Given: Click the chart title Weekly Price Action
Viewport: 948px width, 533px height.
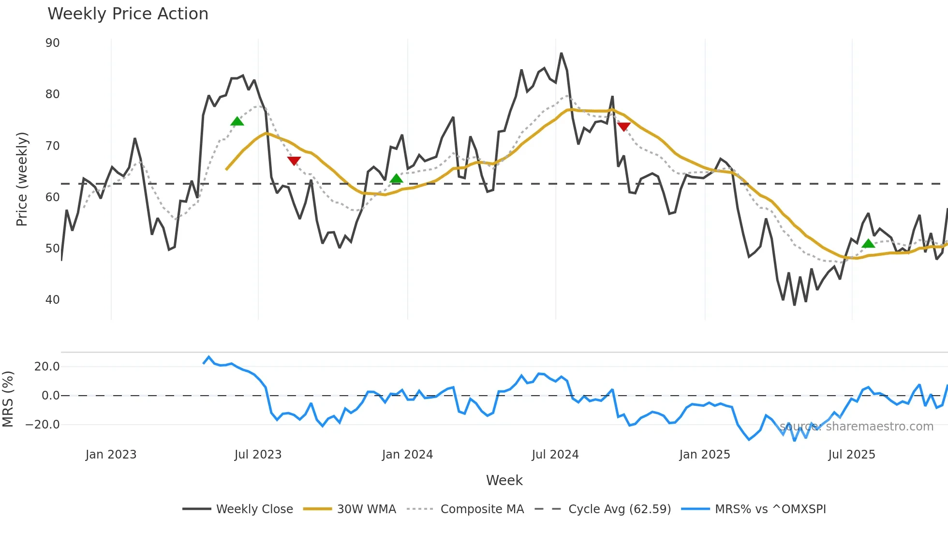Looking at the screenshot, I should tap(128, 14).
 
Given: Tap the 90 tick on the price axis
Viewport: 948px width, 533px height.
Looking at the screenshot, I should tap(53, 43).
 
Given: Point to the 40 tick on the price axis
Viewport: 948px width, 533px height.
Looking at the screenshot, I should tap(53, 300).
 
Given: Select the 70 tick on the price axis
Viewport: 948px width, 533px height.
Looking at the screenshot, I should tap(53, 146).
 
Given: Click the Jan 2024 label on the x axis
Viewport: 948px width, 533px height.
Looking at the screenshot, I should tap(407, 455).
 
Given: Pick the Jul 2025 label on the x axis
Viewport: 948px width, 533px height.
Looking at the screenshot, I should tap(852, 455).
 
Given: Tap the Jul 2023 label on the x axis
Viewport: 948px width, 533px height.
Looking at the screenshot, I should tap(258, 455).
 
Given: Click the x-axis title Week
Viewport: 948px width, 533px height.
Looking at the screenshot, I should tap(504, 480).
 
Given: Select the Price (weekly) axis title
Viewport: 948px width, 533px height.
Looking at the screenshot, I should tap(22, 179).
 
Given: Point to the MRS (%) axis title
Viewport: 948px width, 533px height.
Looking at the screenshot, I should tap(8, 399).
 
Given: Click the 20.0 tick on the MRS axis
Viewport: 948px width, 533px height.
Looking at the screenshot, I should tap(47, 367).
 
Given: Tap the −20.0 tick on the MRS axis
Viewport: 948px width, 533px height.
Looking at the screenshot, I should tap(43, 425).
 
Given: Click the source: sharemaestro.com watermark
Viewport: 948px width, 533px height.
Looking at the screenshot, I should tap(856, 427).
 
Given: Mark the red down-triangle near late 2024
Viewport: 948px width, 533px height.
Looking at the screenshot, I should tap(623, 127).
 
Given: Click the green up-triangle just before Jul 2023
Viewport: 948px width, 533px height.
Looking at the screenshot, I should tap(237, 121).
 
